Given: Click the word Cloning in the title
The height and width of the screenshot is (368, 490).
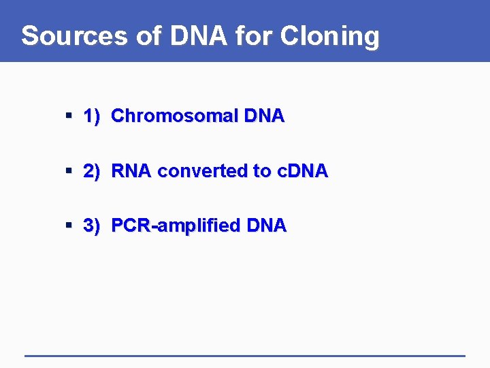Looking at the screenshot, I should [x=334, y=35].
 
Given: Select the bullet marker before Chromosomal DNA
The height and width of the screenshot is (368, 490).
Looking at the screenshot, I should [x=69, y=117].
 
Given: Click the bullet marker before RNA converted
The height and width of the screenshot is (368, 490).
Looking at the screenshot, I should [x=69, y=171].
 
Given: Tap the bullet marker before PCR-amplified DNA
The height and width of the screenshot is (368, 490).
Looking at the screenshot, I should [x=69, y=226].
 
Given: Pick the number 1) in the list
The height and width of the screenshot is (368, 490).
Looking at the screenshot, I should [x=92, y=117].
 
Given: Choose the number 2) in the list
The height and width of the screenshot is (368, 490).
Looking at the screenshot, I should [x=92, y=171].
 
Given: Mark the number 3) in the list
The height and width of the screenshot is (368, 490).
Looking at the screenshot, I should [x=92, y=226].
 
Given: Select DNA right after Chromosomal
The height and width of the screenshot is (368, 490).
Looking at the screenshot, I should [x=261, y=117].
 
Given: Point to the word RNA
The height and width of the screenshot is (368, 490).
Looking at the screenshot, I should [x=131, y=171].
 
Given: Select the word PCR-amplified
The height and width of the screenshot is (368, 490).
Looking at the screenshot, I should [x=174, y=226].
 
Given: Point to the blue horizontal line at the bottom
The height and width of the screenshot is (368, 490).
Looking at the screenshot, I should [x=245, y=355].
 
